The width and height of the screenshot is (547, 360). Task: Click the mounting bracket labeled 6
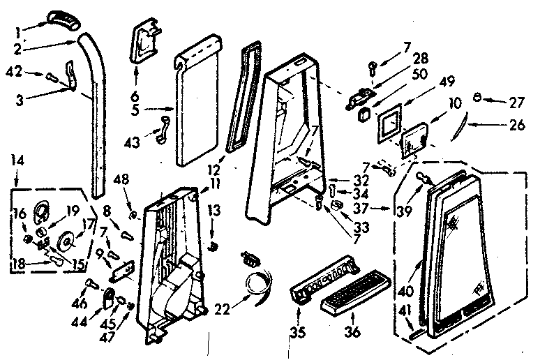tap(145, 42)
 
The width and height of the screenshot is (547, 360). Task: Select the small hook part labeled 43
tap(163, 130)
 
